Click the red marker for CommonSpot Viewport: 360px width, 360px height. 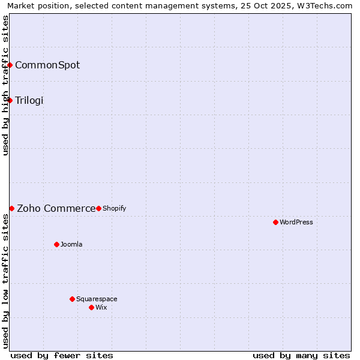[x=10, y=65]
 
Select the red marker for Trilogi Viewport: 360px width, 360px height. [x=10, y=100]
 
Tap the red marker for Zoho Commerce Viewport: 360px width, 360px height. [x=11, y=208]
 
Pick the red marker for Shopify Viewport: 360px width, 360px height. [x=98, y=208]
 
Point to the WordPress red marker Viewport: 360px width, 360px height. [x=275, y=222]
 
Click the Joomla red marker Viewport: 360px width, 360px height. [x=56, y=244]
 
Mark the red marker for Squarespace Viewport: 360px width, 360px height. [x=72, y=299]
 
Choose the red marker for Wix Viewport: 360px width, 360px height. [x=91, y=307]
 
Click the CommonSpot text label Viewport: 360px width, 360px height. [x=47, y=65]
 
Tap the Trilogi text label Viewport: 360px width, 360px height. [x=29, y=100]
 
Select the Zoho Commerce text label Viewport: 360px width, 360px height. [x=56, y=208]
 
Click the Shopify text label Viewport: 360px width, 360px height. [x=115, y=208]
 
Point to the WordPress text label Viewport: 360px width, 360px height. [x=296, y=222]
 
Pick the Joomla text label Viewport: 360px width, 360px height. [x=71, y=244]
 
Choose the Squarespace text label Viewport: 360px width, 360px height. [x=97, y=299]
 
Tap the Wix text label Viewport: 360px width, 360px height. [x=101, y=307]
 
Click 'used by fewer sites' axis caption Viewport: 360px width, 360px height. [x=62, y=355]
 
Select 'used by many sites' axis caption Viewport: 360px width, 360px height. [x=301, y=355]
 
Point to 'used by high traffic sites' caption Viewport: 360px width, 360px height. [x=5, y=85]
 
